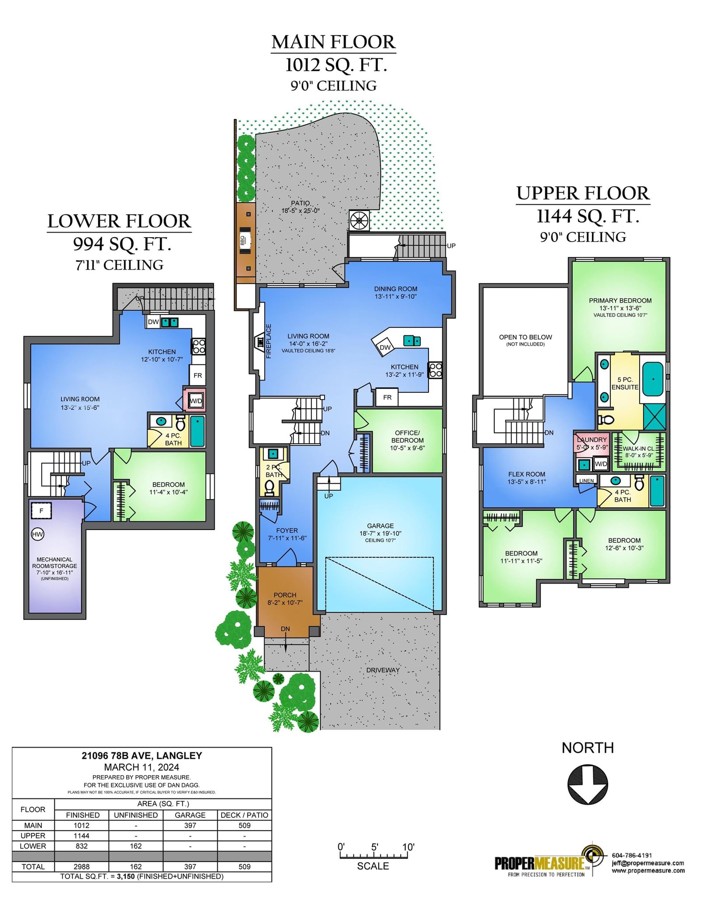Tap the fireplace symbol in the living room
pyautogui.click(x=259, y=342)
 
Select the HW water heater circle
pyautogui.click(x=38, y=534)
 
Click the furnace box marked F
pyautogui.click(x=41, y=511)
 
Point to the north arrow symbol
pyautogui.click(x=588, y=784)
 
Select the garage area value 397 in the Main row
pyautogui.click(x=190, y=825)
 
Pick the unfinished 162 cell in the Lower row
pyautogui.click(x=136, y=846)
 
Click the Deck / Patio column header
pyautogui.click(x=244, y=815)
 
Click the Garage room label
pyautogui.click(x=380, y=526)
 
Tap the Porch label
pyautogui.click(x=285, y=595)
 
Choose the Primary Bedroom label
pyautogui.click(x=620, y=300)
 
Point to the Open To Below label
pyautogui.click(x=525, y=337)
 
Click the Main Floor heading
pyautogui.click(x=333, y=42)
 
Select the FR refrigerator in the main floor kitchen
pyautogui.click(x=387, y=397)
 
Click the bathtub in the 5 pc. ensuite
pyautogui.click(x=652, y=378)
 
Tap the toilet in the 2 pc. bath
pyautogui.click(x=269, y=487)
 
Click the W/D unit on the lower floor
pyautogui.click(x=195, y=400)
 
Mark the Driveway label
pyautogui.click(x=383, y=670)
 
